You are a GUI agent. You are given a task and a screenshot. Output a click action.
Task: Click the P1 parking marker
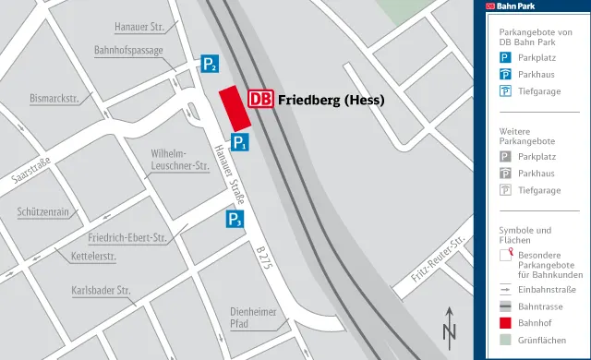point(239,142)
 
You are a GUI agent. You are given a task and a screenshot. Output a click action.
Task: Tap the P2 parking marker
point(211,65)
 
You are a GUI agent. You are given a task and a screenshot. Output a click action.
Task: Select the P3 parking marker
point(235,220)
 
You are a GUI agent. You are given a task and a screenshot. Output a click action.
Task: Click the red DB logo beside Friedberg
point(261,99)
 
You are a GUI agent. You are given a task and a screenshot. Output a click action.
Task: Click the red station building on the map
point(235,110)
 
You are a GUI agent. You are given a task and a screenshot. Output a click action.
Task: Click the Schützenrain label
point(43,211)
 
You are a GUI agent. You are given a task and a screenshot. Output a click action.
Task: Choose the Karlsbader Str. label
point(103,291)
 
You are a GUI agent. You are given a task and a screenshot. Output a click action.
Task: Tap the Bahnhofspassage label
point(128,51)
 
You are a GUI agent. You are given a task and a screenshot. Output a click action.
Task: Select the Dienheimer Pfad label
point(253,317)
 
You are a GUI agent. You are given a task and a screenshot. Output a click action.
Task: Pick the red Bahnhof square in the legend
point(505,322)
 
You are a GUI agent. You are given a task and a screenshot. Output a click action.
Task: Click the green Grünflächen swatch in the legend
point(505,341)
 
